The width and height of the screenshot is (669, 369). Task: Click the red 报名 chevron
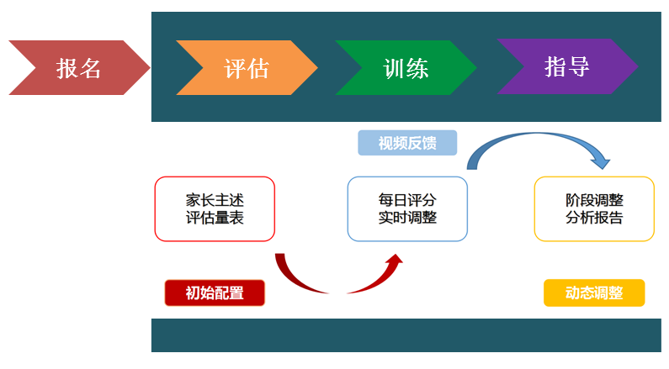click(79, 67)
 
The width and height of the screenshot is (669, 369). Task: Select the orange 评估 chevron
click(247, 67)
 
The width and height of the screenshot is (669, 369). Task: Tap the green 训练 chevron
click(406, 67)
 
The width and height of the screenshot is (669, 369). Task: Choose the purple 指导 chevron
click(567, 66)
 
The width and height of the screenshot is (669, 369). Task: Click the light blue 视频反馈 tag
click(407, 143)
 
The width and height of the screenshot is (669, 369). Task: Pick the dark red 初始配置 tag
click(215, 293)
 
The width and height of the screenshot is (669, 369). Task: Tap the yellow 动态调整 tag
click(594, 293)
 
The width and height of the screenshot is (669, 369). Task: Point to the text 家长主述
click(215, 200)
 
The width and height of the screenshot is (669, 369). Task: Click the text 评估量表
click(215, 218)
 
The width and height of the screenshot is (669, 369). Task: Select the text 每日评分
click(407, 200)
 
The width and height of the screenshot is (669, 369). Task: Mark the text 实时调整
click(407, 218)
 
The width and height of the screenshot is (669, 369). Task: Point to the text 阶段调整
click(594, 200)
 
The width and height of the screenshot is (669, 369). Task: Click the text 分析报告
click(594, 218)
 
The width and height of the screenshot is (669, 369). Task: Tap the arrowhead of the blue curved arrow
click(602, 162)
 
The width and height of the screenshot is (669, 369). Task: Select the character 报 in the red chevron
click(67, 68)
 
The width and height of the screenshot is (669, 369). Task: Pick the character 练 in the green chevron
click(417, 68)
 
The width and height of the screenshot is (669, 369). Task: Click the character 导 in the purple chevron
click(579, 67)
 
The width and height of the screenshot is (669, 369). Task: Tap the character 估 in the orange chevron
click(258, 68)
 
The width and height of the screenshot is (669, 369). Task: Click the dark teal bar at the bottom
click(406, 335)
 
